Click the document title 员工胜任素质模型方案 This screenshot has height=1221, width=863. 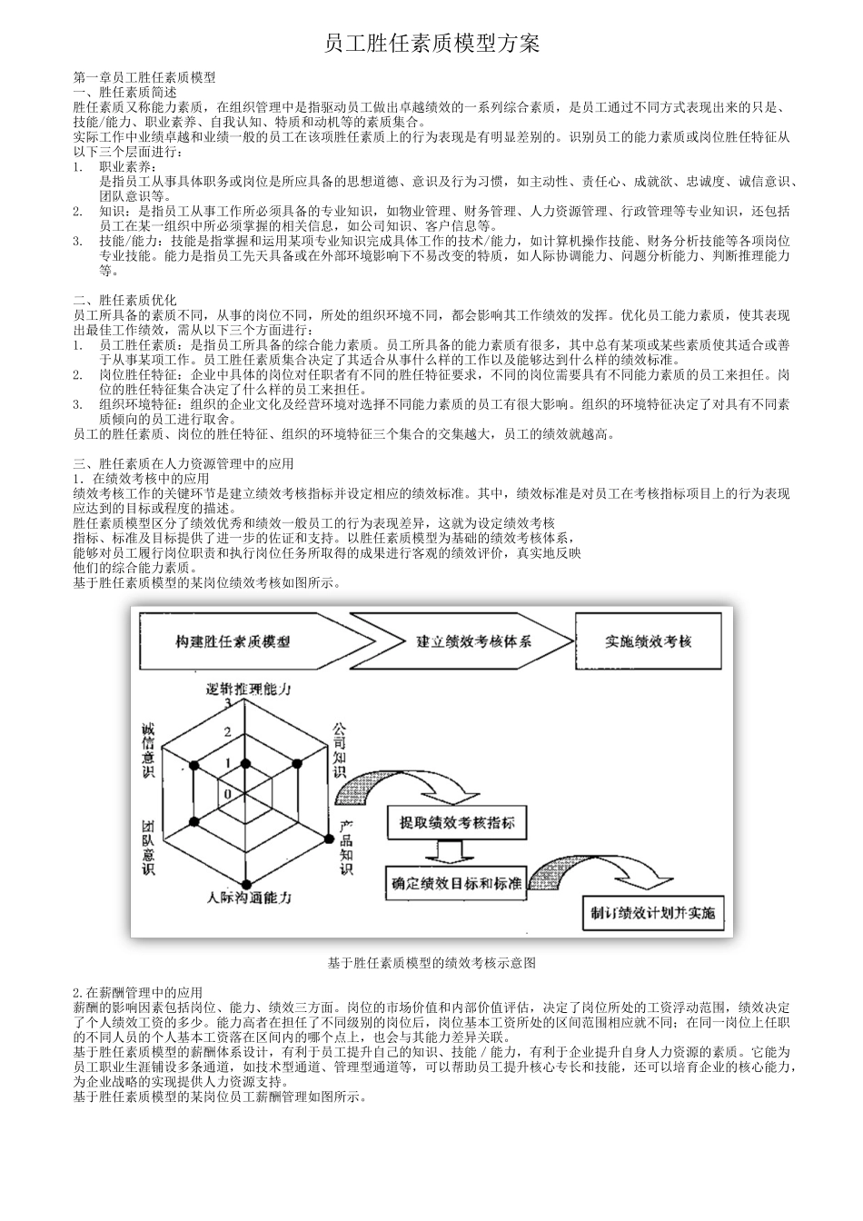coord(431,45)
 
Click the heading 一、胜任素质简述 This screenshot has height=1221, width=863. coord(124,92)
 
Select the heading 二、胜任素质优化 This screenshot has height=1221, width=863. coord(124,300)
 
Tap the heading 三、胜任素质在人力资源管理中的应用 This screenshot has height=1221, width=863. coord(183,463)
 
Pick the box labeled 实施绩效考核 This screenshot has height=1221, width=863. coord(649,641)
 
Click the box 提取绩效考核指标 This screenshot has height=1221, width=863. coord(457,823)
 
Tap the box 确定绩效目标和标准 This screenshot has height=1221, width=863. coord(456,882)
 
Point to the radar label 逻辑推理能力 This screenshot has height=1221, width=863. coord(249,689)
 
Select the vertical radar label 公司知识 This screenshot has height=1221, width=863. coord(339,750)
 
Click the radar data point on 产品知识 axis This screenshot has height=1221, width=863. coord(329,835)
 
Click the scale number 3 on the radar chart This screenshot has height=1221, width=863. coord(228,702)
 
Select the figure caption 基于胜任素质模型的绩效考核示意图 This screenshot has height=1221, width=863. coord(431,962)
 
